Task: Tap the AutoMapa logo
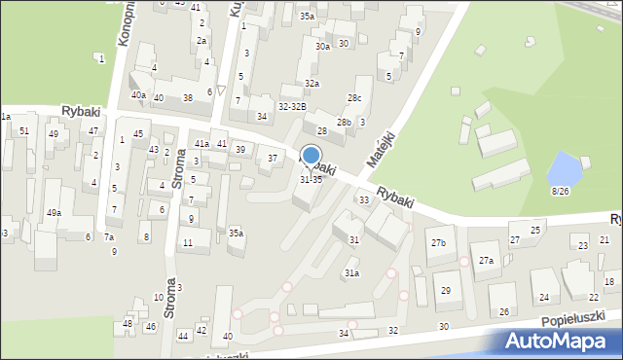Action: (559, 340)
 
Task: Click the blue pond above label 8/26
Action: (563, 169)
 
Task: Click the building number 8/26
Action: (560, 191)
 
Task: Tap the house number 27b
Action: (439, 242)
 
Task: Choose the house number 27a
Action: (486, 260)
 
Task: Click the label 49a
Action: (54, 212)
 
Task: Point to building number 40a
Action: (139, 95)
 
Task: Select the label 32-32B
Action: (292, 106)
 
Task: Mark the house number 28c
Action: (355, 97)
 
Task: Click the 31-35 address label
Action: (311, 179)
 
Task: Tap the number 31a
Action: (351, 273)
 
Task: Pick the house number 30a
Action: (322, 46)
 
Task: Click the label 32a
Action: (311, 84)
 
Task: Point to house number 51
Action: (24, 130)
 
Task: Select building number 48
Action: (128, 323)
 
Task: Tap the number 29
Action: (446, 291)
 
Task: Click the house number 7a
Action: (110, 237)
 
